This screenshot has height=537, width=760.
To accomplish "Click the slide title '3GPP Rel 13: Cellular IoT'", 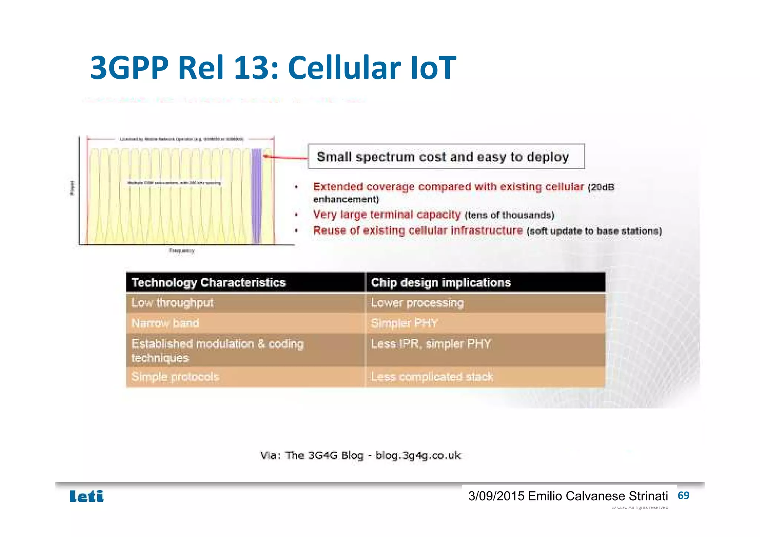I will (x=273, y=68).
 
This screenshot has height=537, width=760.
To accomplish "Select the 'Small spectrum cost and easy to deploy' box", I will (x=446, y=157).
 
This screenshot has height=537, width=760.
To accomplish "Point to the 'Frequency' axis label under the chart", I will (x=181, y=251).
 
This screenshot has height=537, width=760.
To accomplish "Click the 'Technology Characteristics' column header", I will (x=209, y=282).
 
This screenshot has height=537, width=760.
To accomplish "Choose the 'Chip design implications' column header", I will (x=441, y=282).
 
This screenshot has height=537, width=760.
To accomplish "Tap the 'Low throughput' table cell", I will (x=172, y=303).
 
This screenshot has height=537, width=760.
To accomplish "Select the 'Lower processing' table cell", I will (x=417, y=303).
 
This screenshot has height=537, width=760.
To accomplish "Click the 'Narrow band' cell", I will (x=165, y=323).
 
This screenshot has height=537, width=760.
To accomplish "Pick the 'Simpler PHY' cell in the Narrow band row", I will (x=404, y=323).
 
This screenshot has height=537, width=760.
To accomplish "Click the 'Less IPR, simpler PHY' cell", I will (x=430, y=344).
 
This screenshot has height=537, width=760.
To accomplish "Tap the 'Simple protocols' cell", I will (x=175, y=377).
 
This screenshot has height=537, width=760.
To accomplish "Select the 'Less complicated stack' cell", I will (x=432, y=377).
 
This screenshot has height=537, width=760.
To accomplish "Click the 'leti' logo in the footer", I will (x=86, y=496).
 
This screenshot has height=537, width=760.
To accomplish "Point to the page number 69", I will (x=683, y=495).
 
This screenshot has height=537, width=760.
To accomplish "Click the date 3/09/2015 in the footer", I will (x=496, y=496).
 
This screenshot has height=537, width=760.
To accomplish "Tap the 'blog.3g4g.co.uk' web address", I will (x=418, y=455).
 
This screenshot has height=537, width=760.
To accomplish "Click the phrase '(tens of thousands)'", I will (x=509, y=215).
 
